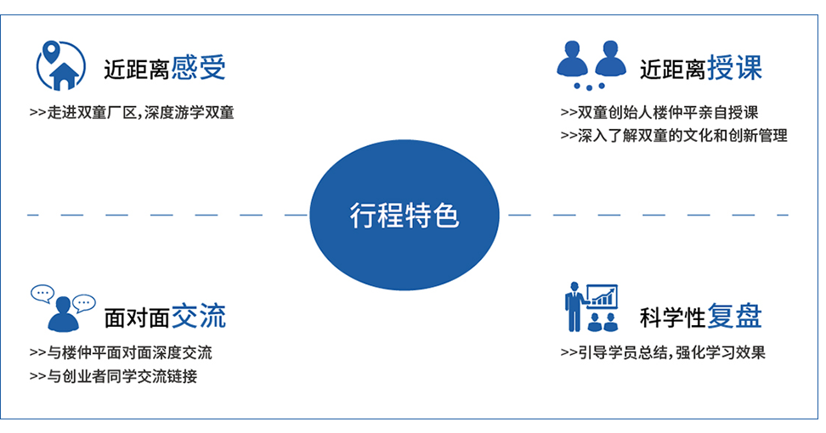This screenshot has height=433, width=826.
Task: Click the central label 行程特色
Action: (x=404, y=215)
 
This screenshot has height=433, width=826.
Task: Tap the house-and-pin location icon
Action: (x=60, y=65)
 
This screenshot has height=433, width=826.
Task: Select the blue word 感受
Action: (x=199, y=68)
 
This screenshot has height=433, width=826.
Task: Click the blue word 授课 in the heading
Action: (x=734, y=68)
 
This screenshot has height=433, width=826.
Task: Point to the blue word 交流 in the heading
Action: (x=199, y=316)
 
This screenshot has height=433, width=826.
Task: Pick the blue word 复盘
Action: (x=734, y=316)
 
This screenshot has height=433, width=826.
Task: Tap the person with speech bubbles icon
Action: (x=63, y=308)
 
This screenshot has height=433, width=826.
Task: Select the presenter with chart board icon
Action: (x=591, y=307)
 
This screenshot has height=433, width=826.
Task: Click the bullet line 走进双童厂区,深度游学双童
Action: (x=132, y=113)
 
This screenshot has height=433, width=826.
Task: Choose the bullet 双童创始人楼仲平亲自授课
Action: (x=659, y=113)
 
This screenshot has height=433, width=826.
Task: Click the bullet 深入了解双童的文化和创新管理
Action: (x=674, y=136)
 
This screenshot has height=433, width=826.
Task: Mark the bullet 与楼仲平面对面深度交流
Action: (x=121, y=352)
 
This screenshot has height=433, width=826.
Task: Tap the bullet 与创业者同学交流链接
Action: (x=113, y=376)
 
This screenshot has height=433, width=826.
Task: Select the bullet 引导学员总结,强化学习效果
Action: (x=663, y=352)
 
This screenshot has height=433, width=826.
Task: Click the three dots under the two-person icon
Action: (x=590, y=87)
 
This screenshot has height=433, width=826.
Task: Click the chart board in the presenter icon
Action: (x=602, y=297)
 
